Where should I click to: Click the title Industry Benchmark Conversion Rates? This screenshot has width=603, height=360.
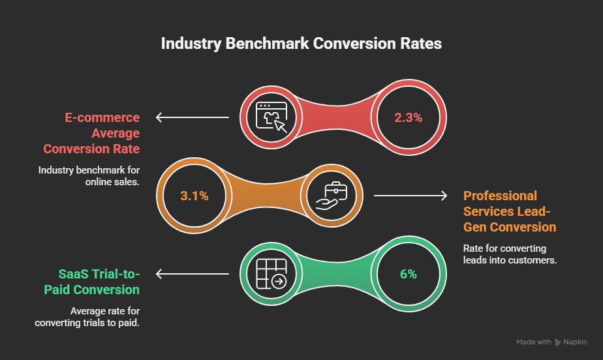301,44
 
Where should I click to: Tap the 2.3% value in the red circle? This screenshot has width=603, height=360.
409,118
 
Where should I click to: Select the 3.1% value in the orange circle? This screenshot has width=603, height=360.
194,195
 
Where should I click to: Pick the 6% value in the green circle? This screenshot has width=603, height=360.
409,273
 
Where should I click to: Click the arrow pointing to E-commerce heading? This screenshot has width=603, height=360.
192,118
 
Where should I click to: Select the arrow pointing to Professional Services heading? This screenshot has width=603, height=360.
410,195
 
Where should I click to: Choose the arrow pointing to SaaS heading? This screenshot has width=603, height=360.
192,273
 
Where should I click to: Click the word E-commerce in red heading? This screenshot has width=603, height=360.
102,118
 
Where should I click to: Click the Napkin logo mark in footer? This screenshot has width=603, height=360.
558,342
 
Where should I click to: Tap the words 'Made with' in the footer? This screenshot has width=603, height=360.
533,342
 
